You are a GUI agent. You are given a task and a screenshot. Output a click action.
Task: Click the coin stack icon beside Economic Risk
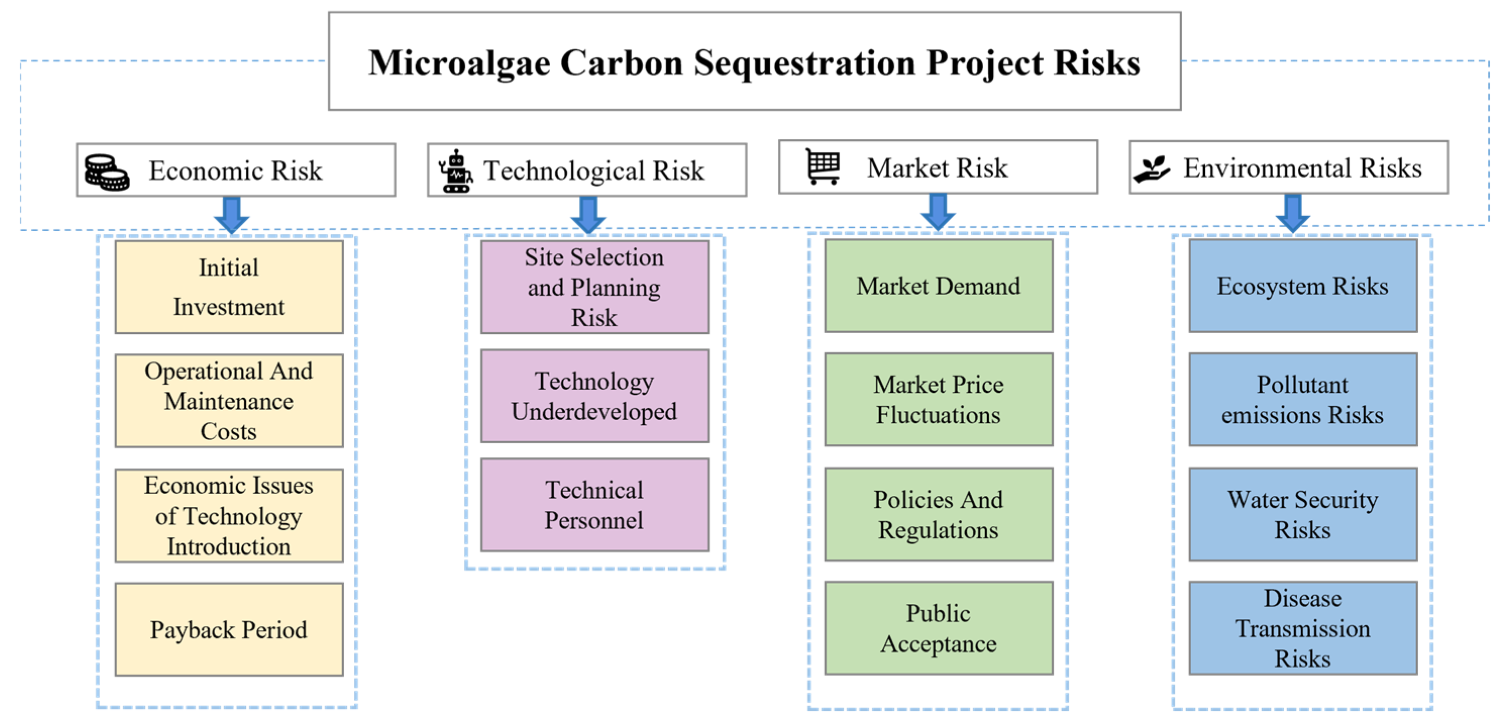coord(106,172)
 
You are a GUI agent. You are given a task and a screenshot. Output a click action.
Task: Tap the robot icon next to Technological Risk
coord(455,171)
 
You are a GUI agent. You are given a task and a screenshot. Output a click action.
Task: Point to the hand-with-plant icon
coord(1151,169)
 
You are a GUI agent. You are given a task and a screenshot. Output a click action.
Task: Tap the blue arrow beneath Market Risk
coord(937,212)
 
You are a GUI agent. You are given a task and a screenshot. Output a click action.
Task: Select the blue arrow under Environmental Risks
coord(1292,214)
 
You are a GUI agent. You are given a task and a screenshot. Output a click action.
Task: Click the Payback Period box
coord(229,629)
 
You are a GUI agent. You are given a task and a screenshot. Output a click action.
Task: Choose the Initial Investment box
coord(229,287)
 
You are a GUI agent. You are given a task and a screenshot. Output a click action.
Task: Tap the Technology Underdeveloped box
coord(595,396)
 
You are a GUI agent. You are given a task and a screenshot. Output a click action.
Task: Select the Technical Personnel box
coord(595,505)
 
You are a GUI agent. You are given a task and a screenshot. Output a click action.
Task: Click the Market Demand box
coord(939,286)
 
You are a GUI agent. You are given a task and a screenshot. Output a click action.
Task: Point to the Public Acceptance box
coord(939,628)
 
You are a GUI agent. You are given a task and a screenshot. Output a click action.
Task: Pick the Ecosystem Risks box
coord(1303,286)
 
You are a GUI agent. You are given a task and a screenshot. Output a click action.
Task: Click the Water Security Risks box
coord(1303,514)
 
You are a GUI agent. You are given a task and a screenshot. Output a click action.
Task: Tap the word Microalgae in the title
coord(459,63)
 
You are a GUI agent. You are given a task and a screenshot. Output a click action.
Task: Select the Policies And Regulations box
coord(939,514)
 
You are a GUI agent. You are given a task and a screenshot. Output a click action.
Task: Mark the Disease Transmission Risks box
coord(1303,628)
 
